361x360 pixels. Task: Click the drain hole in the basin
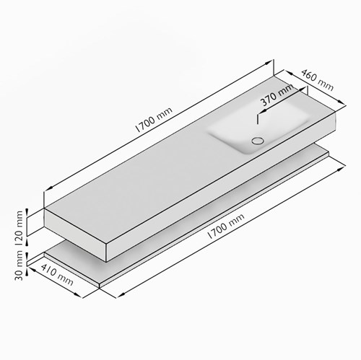[258, 141]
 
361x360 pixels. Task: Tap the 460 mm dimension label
[318, 80]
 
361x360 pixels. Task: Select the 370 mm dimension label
[277, 95]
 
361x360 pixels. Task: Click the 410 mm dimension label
[57, 274]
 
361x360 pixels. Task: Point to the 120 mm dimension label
[19, 228]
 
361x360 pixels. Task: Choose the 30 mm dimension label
[19, 265]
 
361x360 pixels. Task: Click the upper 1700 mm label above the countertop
[154, 120]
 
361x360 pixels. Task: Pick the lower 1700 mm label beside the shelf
[226, 226]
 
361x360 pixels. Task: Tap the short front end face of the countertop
[75, 234]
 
